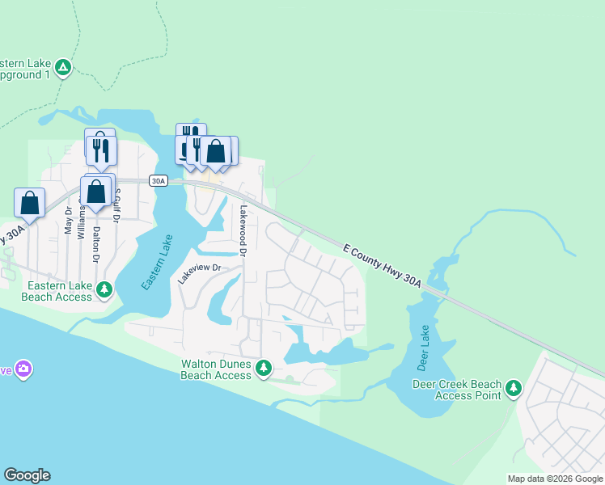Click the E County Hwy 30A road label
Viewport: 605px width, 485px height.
382,265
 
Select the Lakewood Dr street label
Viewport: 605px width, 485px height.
243,230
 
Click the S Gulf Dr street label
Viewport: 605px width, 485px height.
117,205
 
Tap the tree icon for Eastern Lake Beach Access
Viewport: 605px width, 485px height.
104,289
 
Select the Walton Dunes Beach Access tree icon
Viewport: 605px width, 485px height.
263,369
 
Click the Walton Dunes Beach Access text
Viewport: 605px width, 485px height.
216,369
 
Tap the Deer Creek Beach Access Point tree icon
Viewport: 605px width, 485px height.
513,389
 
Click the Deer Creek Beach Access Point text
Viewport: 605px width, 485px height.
457,390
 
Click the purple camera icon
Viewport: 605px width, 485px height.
23,369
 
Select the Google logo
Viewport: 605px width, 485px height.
27,475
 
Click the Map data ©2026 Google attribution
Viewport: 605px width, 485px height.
554,479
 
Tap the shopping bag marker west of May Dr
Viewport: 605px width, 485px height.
29,202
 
